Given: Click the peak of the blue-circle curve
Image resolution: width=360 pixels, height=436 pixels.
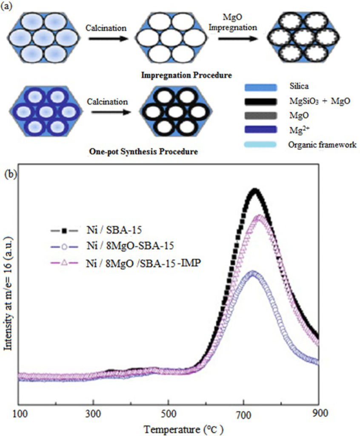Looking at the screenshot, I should tap(253, 272).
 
